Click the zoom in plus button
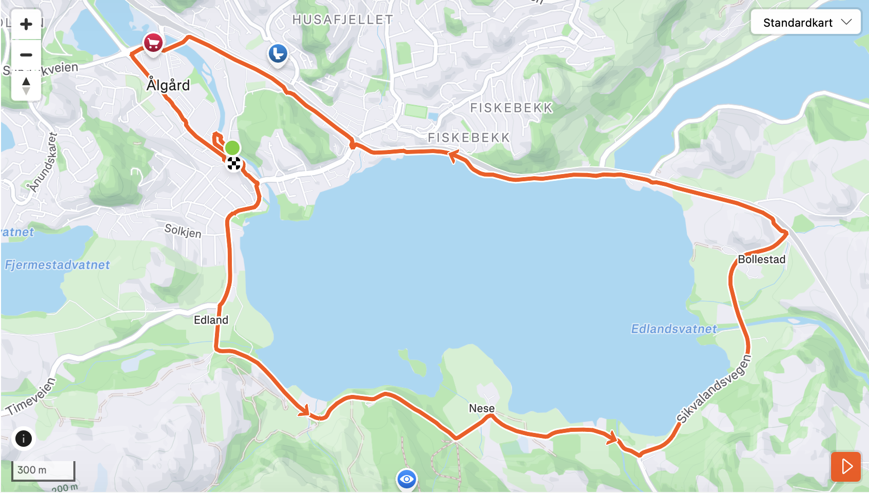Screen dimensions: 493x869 click(x=26, y=24)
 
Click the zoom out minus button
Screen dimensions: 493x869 click(x=26, y=55)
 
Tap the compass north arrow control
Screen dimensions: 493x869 click(x=26, y=85)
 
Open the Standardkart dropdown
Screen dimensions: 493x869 click(x=805, y=23)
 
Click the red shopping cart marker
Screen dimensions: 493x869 click(x=153, y=43)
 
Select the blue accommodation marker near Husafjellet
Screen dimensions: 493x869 click(x=278, y=53)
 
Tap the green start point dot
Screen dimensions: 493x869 click(x=232, y=148)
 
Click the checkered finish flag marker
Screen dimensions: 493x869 click(x=234, y=164)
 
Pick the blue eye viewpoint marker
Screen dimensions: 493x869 click(x=406, y=480)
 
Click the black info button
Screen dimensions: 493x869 click(x=24, y=439)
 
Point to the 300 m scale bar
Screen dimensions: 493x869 click(x=43, y=470)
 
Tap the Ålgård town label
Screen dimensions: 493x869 click(x=168, y=85)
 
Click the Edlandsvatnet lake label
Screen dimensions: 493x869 click(x=674, y=329)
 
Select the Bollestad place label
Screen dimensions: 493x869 click(x=761, y=259)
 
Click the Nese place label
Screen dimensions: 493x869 click(x=482, y=408)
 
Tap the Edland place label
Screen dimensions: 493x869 click(x=211, y=320)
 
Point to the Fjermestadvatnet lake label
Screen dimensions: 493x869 click(x=57, y=265)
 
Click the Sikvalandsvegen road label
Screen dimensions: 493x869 click(x=714, y=389)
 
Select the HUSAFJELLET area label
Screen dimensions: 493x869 click(x=343, y=20)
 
